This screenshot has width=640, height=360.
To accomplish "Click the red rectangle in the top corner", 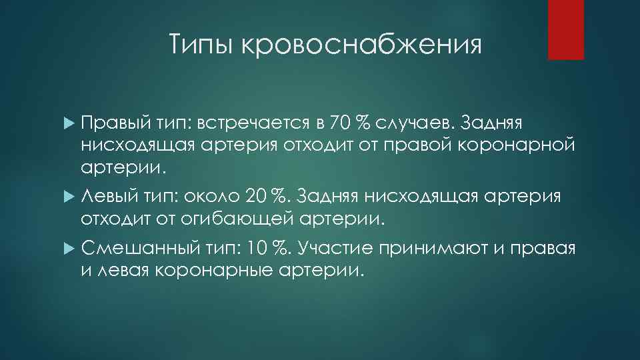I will pos(566,29).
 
